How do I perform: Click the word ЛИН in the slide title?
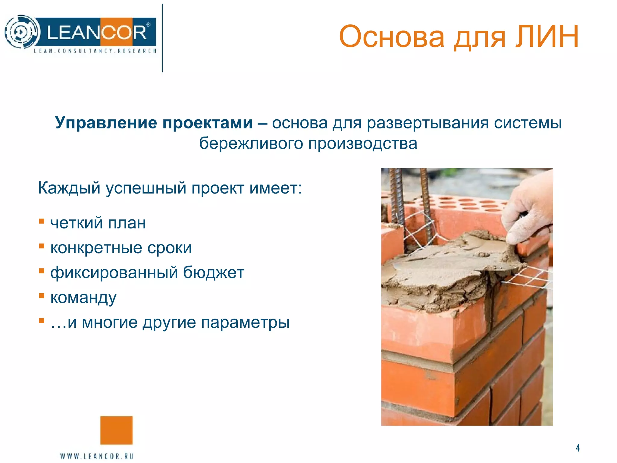(547, 37)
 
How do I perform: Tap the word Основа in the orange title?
(392, 37)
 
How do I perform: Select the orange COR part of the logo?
(124, 32)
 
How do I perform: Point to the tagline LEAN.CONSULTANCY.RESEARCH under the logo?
(95, 51)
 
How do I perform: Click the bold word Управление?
(107, 123)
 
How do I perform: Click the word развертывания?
(428, 123)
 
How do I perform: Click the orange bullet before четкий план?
(42, 222)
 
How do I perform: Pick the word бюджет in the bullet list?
(214, 272)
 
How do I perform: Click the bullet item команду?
(83, 298)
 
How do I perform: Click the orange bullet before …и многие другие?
(42, 320)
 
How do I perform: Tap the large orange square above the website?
(116, 430)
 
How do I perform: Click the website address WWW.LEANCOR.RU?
(97, 456)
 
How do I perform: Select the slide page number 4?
(578, 448)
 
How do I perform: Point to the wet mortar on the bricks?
(446, 271)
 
